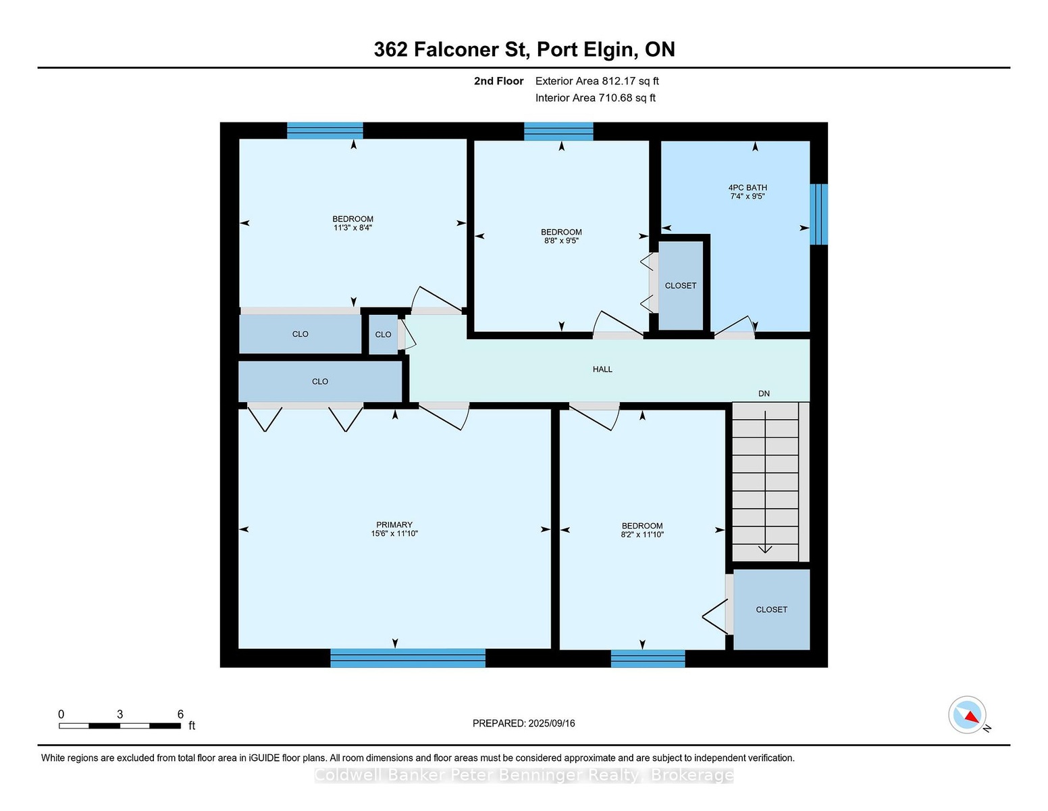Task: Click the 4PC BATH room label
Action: pyautogui.click(x=747, y=188)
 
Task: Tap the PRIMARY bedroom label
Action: pyautogui.click(x=394, y=525)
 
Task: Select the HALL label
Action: pyautogui.click(x=602, y=370)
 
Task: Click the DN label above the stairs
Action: pyautogui.click(x=764, y=394)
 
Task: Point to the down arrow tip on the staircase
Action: pyautogui.click(x=765, y=552)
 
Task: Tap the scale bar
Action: pyautogui.click(x=120, y=726)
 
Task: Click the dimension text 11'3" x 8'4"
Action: pyautogui.click(x=353, y=228)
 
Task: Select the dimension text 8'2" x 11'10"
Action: pyautogui.click(x=642, y=535)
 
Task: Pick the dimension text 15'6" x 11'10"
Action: pyautogui.click(x=394, y=534)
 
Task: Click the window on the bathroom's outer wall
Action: pyautogui.click(x=818, y=214)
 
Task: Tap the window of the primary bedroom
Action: pyautogui.click(x=408, y=658)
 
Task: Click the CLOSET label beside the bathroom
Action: pyautogui.click(x=681, y=286)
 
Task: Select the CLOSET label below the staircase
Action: pyautogui.click(x=771, y=610)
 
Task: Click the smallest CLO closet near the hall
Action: pyautogui.click(x=384, y=335)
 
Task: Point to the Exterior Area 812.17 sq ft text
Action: pyautogui.click(x=597, y=81)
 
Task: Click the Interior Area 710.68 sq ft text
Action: pyautogui.click(x=595, y=98)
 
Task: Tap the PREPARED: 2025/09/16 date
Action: pyautogui.click(x=524, y=723)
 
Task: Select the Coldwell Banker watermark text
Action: pyautogui.click(x=524, y=775)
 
